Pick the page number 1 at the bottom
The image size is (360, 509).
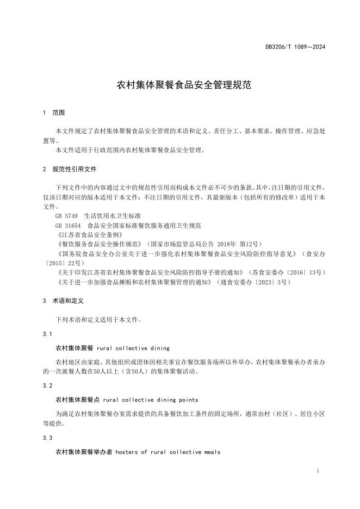[x=317, y=471]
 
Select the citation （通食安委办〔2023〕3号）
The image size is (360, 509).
[x=253, y=282]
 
